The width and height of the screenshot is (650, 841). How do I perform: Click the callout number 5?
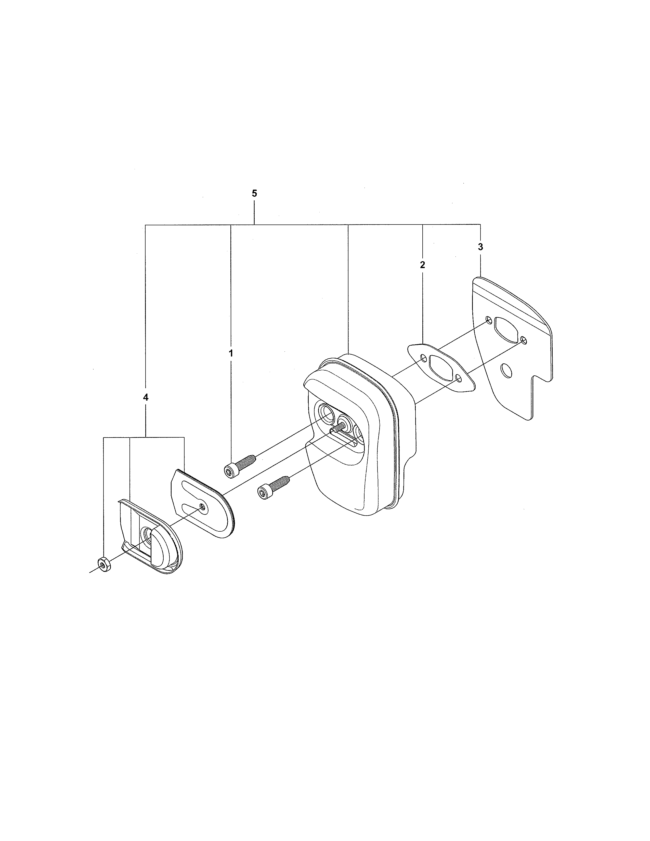click(254, 193)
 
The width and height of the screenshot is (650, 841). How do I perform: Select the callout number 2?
click(422, 265)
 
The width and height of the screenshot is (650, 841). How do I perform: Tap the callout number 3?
click(480, 247)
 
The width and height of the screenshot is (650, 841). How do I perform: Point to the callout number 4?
click(146, 397)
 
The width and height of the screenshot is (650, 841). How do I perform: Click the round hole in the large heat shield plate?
click(507, 371)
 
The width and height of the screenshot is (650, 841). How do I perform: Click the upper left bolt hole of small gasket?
click(423, 359)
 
